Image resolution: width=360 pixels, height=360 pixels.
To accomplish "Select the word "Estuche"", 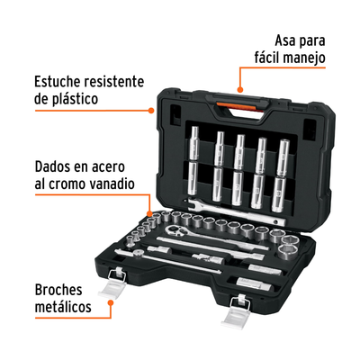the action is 58,82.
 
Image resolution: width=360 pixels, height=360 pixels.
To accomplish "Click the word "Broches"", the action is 58,290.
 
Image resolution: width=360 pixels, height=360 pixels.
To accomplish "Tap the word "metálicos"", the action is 63,307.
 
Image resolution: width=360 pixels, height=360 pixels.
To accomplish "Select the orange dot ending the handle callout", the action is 240,89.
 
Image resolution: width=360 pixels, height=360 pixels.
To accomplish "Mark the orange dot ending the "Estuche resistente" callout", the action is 151,111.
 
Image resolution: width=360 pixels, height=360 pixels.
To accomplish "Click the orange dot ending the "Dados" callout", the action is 149,213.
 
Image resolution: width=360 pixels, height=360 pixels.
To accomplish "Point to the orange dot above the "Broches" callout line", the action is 111,302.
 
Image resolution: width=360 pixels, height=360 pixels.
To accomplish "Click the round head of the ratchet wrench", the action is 173,230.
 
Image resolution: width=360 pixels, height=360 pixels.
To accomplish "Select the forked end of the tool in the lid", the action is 190,203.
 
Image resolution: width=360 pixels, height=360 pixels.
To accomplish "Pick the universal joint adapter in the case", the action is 208,258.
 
